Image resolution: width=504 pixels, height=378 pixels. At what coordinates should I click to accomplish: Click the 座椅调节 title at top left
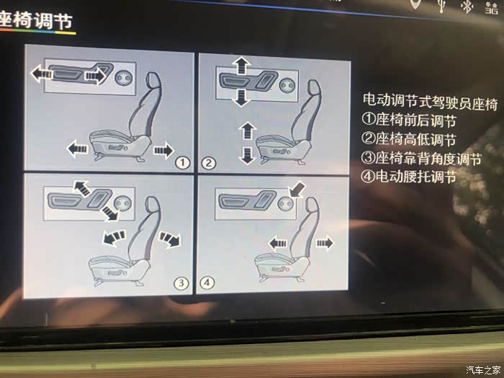click(x=36, y=20)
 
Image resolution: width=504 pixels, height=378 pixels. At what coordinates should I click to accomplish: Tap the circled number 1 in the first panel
click(x=183, y=162)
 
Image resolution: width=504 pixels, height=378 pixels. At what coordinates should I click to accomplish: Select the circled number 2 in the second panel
click(x=208, y=163)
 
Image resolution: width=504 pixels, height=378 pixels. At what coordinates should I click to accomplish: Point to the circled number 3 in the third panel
click(x=181, y=283)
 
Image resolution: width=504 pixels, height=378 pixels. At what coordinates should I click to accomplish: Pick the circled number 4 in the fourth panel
click(x=207, y=283)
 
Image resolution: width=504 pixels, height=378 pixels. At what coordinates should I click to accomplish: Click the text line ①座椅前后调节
click(x=409, y=120)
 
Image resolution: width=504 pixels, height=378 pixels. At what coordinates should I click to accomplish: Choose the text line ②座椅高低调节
click(x=409, y=139)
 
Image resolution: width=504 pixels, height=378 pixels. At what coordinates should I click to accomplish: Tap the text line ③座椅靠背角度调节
click(x=422, y=158)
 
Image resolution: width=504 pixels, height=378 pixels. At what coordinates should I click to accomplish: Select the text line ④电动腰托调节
click(x=408, y=177)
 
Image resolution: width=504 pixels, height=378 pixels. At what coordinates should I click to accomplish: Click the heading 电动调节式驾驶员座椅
click(x=431, y=102)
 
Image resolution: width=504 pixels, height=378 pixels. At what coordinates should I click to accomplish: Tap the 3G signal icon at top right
click(x=492, y=8)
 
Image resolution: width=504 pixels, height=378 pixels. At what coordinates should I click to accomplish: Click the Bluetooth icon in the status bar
click(x=467, y=6)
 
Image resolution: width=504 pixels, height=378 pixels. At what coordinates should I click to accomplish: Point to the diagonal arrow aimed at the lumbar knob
click(x=297, y=189)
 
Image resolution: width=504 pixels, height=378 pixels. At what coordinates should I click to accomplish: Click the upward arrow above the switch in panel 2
click(x=241, y=66)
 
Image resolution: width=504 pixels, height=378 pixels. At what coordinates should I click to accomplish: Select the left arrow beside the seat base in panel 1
click(x=77, y=149)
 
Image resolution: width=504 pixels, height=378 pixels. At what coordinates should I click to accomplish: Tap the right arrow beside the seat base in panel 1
click(x=164, y=150)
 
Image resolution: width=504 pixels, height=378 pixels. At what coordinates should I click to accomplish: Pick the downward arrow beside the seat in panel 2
click(x=247, y=156)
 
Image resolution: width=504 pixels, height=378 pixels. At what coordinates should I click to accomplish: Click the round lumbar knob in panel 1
click(x=124, y=78)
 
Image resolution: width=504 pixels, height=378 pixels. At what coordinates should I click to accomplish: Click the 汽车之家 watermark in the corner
click(x=483, y=369)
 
